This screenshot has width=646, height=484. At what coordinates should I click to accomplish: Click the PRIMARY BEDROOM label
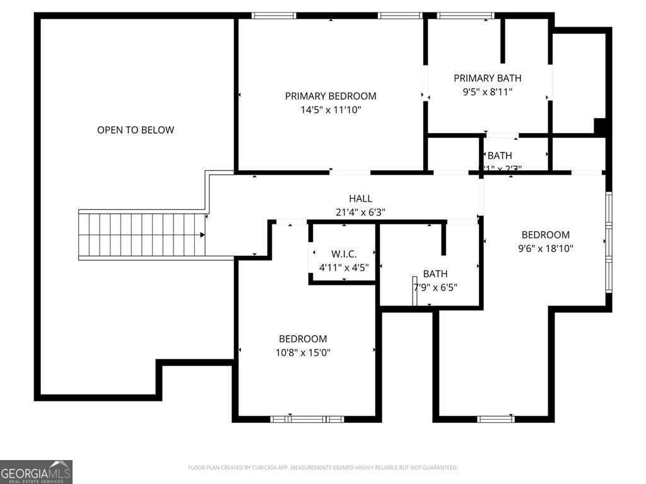[x=331, y=96]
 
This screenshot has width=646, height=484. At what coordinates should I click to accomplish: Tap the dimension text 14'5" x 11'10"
[x=331, y=110]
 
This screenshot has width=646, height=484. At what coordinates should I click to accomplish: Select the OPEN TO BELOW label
[x=136, y=130]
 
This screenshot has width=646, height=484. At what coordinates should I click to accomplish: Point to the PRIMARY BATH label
[x=488, y=78]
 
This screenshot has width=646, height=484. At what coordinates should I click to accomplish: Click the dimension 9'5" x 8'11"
[x=488, y=91]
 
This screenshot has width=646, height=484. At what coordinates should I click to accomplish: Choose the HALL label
[x=360, y=199]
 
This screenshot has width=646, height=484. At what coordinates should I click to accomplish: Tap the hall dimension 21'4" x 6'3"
[x=360, y=212]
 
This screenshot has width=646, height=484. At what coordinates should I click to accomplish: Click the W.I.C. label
[x=344, y=254]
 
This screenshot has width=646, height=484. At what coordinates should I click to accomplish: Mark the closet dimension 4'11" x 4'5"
[x=344, y=267]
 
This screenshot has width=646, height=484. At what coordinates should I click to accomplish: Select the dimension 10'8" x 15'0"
[x=303, y=352]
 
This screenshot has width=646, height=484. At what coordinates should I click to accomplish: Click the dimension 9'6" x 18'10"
[x=545, y=248]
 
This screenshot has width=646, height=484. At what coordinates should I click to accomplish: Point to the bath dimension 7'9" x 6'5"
[x=435, y=287]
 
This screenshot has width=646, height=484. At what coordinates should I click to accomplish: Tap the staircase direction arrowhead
[x=203, y=235]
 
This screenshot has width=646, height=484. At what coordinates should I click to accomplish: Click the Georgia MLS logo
[x=36, y=471]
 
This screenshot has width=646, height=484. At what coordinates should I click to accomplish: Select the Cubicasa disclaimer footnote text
[x=322, y=468]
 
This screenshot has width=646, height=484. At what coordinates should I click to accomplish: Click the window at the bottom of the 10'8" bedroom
[x=307, y=418]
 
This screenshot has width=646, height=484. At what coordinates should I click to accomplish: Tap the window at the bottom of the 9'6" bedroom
[x=496, y=418]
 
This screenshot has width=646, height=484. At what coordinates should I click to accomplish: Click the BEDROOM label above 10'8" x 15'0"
[x=303, y=339]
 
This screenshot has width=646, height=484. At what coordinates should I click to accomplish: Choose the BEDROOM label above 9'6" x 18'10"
[x=545, y=235]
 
